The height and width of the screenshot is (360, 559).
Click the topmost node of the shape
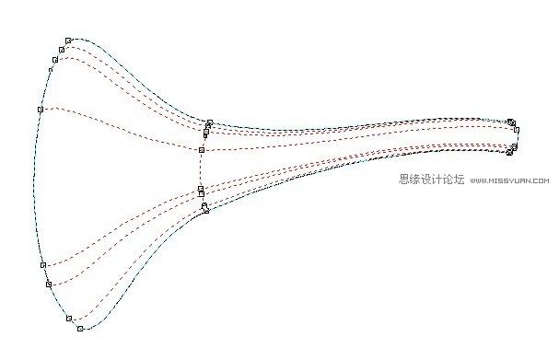click(x=68, y=41)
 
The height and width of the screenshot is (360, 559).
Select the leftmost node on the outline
click(x=41, y=109)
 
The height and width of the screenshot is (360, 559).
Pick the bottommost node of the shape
click(x=80, y=329)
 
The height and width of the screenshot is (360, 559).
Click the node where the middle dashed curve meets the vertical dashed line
click(x=201, y=149)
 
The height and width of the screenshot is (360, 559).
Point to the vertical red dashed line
click(x=201, y=170)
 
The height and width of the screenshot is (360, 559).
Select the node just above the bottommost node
click(x=69, y=319)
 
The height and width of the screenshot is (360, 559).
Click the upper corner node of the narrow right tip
click(x=511, y=122)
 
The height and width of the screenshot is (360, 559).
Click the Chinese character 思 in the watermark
click(x=405, y=180)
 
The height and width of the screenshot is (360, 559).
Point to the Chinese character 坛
click(x=460, y=180)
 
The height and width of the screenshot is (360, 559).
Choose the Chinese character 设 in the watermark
click(x=427, y=180)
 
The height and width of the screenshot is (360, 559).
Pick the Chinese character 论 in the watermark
click(x=448, y=180)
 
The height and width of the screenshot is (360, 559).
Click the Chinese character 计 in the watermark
click(x=438, y=180)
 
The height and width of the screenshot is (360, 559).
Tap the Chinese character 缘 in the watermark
click(x=416, y=180)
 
